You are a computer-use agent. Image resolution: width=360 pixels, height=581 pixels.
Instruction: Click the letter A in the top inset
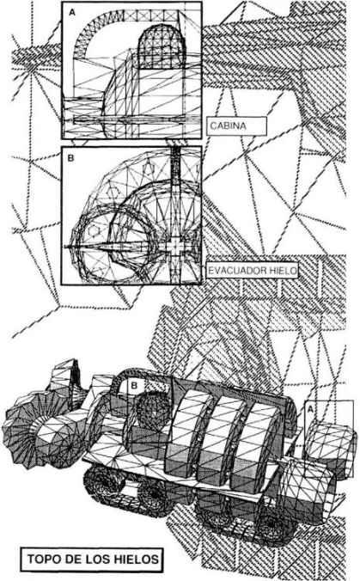72,12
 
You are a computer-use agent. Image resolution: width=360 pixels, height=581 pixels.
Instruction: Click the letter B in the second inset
70,158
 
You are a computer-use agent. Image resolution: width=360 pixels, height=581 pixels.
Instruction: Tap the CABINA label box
236,126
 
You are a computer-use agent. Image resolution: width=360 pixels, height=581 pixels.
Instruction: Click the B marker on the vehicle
134,386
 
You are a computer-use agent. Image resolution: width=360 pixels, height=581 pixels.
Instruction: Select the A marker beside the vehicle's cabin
310,408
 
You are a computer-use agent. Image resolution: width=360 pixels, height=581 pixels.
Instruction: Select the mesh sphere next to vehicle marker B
153,411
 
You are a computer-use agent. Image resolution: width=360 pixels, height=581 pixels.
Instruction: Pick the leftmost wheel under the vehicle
102,484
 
